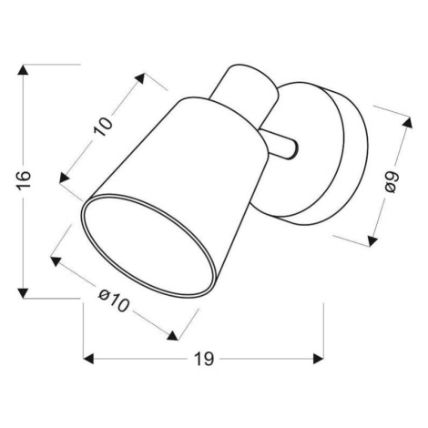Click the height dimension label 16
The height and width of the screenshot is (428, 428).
[x=24, y=180]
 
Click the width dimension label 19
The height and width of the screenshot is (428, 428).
[x=204, y=359]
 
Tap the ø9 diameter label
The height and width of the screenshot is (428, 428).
[x=391, y=182]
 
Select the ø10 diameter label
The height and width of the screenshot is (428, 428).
[x=114, y=301]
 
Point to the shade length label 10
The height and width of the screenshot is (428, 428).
[x=103, y=127]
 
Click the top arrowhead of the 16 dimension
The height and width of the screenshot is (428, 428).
[x=23, y=69]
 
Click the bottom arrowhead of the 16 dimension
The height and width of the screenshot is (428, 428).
[x=23, y=293]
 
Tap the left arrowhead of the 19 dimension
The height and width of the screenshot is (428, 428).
[x=88, y=359]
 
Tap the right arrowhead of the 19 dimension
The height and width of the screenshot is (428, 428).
[x=319, y=359]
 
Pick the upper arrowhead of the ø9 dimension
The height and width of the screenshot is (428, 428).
[x=407, y=122]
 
